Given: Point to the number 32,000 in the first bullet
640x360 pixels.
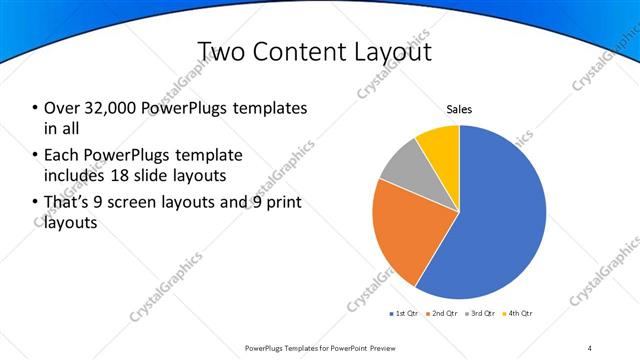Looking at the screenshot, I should [106, 108].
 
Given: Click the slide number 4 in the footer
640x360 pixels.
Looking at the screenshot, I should [590, 347].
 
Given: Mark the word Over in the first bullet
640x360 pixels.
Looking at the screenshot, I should [61, 108].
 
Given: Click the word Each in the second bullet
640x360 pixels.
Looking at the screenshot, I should [61, 155].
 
